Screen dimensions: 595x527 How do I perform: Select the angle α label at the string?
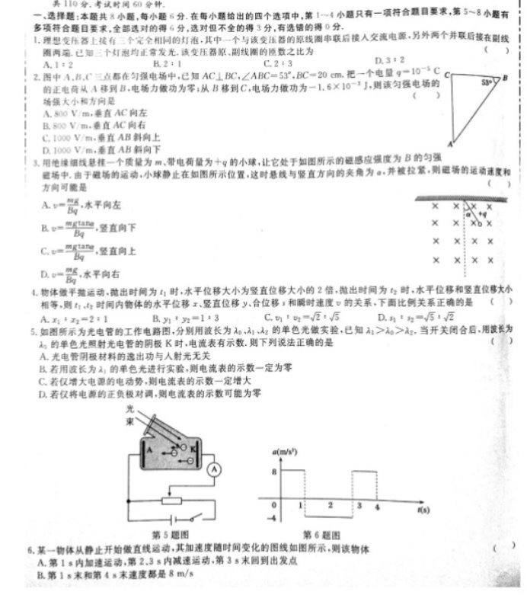pyautogui.click(x=469, y=214)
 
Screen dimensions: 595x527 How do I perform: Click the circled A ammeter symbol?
pyautogui.click(x=215, y=469)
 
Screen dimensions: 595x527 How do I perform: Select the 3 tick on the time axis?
pyautogui.click(x=359, y=506)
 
